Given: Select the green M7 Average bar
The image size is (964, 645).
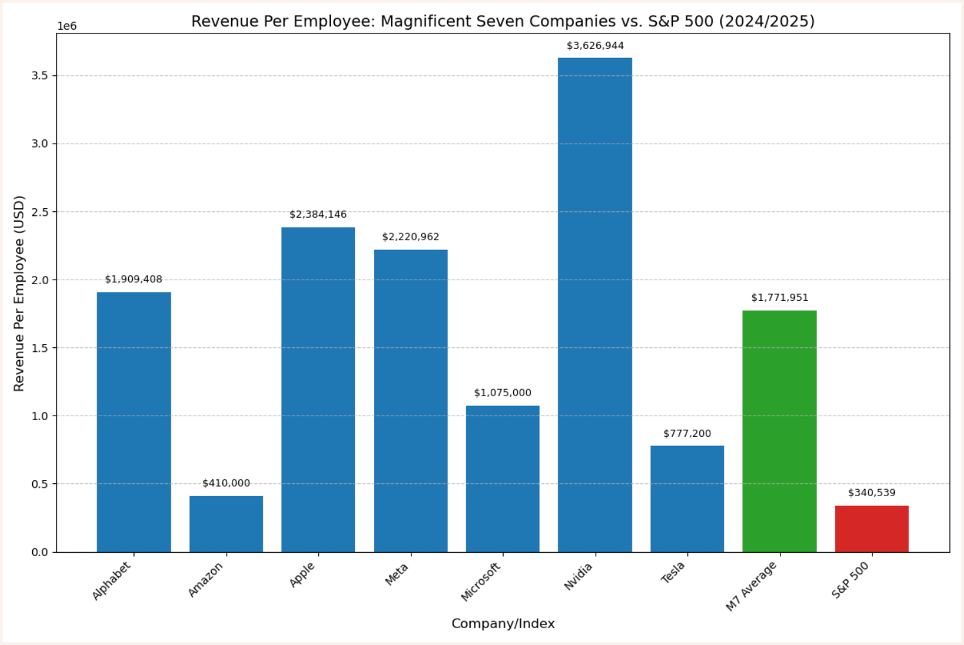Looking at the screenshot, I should pyautogui.click(x=779, y=431).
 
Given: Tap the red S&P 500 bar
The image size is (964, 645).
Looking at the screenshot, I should pyautogui.click(x=871, y=528).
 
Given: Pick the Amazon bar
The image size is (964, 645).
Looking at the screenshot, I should pyautogui.click(x=226, y=524).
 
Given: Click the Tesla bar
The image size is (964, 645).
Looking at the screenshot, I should pyautogui.click(x=687, y=499).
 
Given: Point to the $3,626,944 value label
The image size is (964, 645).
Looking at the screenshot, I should pyautogui.click(x=595, y=46).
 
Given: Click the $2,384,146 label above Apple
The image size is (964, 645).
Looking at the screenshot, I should pyautogui.click(x=317, y=215).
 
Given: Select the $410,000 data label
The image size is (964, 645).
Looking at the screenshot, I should pyautogui.click(x=226, y=483).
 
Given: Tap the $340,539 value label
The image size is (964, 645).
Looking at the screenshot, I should pyautogui.click(x=871, y=493).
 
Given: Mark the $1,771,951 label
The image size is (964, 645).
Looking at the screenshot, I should pyautogui.click(x=779, y=298).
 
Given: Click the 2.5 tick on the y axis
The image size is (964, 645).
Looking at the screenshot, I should pyautogui.click(x=40, y=212).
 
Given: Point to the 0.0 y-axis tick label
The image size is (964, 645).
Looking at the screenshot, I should pyautogui.click(x=40, y=552).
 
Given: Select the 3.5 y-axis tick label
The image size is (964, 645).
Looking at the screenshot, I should pyautogui.click(x=40, y=76).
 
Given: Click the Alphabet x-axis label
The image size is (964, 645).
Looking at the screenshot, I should pyautogui.click(x=111, y=581).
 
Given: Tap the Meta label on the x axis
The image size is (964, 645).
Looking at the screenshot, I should pyautogui.click(x=397, y=575).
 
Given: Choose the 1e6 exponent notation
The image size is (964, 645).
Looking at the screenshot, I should pyautogui.click(x=67, y=26).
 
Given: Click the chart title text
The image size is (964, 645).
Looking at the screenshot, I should pyautogui.click(x=502, y=21).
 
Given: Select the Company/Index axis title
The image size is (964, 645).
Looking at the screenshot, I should pyautogui.click(x=502, y=624).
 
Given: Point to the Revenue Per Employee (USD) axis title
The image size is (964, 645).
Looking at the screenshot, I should pyautogui.click(x=19, y=293).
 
